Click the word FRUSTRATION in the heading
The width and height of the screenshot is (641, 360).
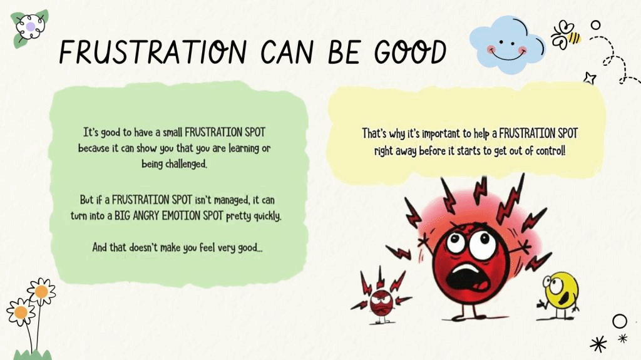pos(153,53)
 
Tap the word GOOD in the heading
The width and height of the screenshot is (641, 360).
pos(410,53)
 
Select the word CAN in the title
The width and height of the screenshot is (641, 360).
pos(287,53)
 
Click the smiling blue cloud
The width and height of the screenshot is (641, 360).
pos(507,44)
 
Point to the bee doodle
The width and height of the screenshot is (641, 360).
pos(565,35)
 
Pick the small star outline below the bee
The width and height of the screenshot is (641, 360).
pos(590,78)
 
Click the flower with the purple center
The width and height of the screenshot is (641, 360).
pos(30,27)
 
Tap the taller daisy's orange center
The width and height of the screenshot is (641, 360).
pos(41,292)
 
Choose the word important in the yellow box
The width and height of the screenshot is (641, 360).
pos(441,134)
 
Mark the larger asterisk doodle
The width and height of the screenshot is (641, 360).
pos(598,344)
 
